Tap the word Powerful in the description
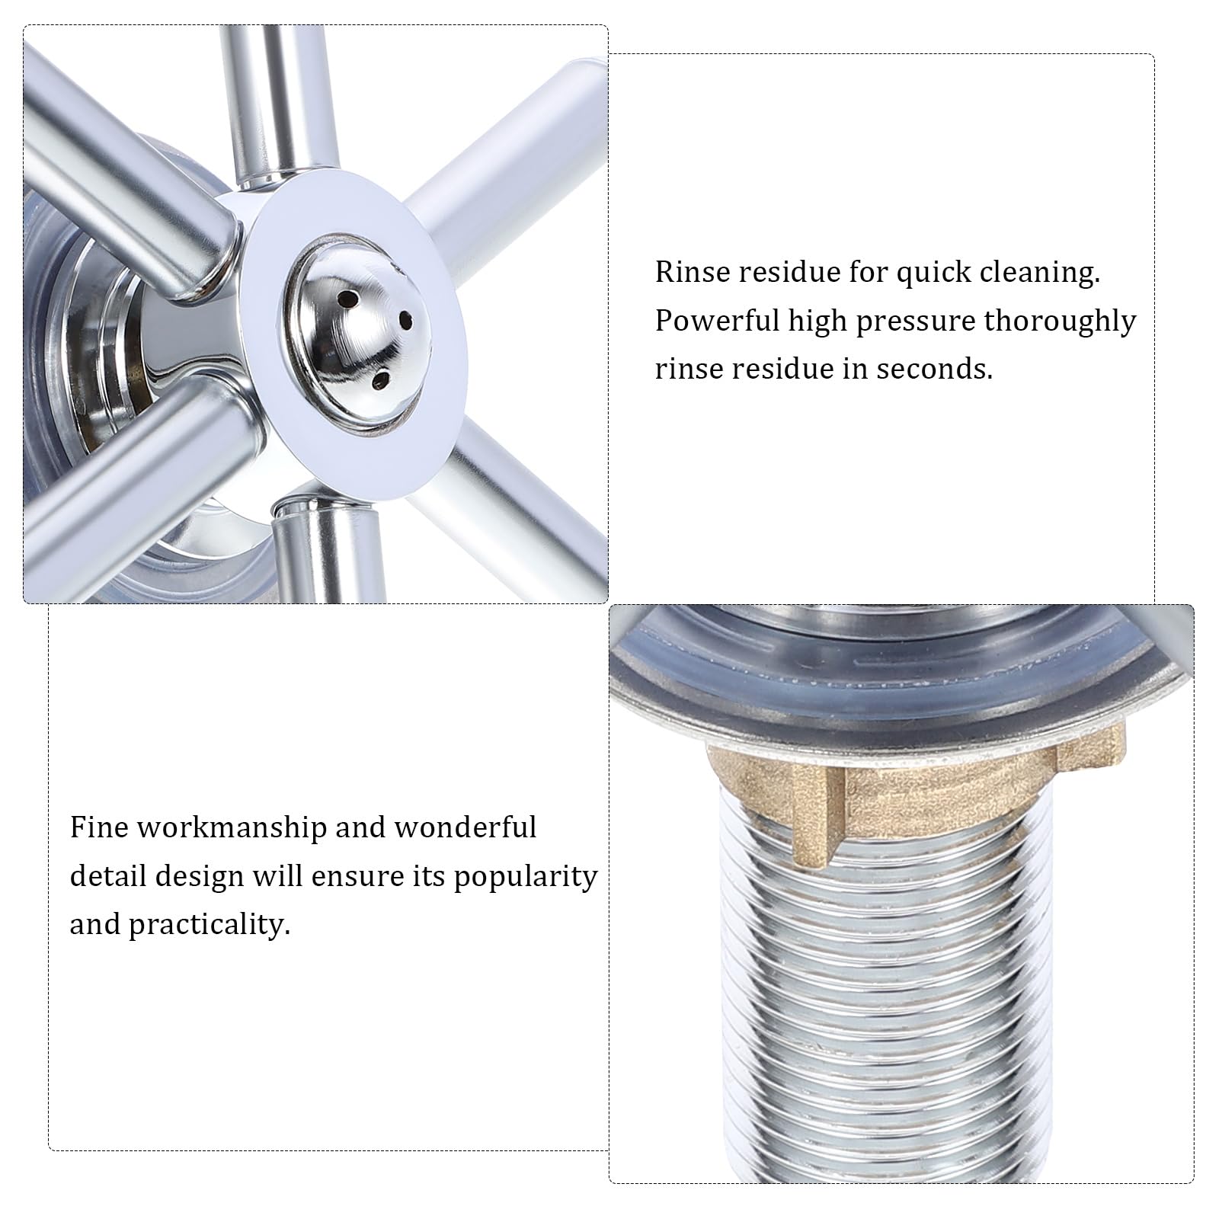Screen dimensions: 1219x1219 pyautogui.click(x=716, y=321)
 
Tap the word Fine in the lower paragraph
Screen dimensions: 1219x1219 pyautogui.click(x=99, y=827)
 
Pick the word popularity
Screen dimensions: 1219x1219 pyautogui.click(x=526, y=878)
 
